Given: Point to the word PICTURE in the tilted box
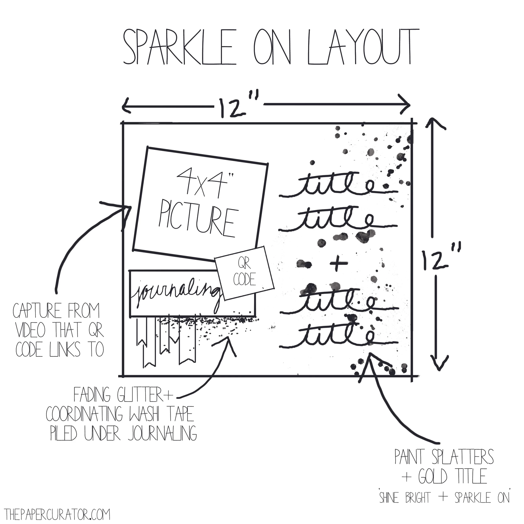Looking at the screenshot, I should tap(197, 222).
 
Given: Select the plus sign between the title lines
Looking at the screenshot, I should tap(337, 264).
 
